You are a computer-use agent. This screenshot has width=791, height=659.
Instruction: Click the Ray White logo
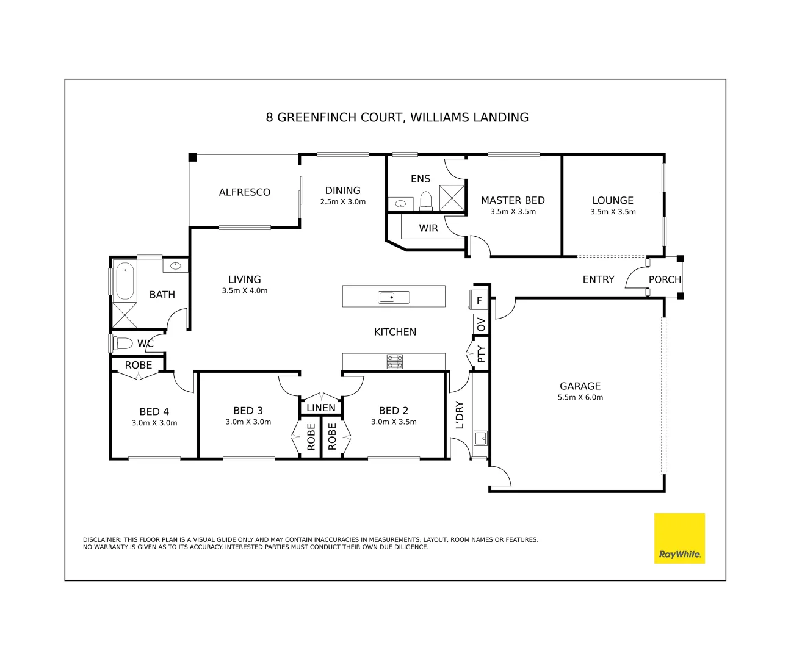pos(679,538)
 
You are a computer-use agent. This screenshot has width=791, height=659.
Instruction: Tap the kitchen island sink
pos(394,297)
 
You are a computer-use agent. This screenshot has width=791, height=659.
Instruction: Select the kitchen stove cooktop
pos(395,362)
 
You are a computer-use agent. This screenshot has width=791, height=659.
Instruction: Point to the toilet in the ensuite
pos(426,201)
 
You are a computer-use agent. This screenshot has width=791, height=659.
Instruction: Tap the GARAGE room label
pos(580,386)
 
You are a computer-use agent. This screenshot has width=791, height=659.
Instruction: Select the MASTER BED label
pos(513,200)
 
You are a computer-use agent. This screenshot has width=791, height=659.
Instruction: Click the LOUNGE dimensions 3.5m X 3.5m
pos(613,212)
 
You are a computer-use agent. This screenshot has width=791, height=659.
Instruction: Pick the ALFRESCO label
pos(244,192)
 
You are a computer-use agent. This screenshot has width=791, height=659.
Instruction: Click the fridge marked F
pos(479,300)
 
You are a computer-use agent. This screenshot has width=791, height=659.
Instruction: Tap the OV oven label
pos(481,324)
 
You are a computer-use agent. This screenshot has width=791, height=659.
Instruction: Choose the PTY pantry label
pos(481,354)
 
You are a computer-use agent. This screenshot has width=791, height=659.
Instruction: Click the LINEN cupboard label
pos(320,408)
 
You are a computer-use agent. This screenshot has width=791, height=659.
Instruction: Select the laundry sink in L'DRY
pos(480,438)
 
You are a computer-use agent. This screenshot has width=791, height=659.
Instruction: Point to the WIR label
pos(428,228)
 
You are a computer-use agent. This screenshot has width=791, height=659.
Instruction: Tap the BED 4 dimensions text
pos(154,423)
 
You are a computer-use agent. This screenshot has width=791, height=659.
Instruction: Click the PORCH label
pos(664,279)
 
